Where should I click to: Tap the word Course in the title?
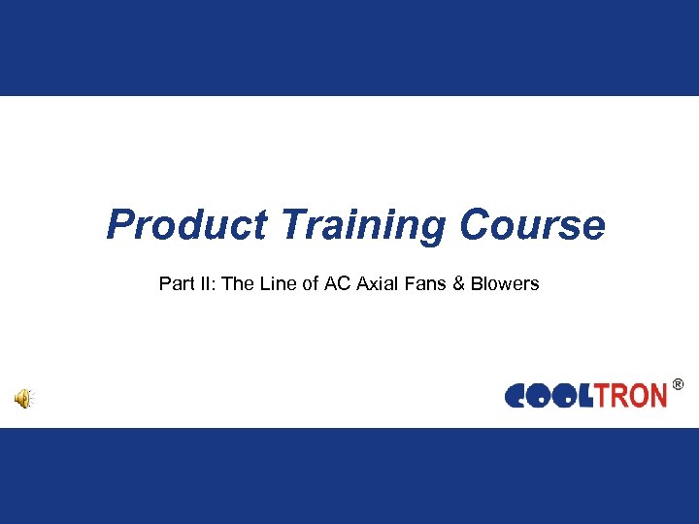[x=532, y=225]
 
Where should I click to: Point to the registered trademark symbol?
[x=677, y=385]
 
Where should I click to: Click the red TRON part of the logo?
[x=629, y=396]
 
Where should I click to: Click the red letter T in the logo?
[x=601, y=396]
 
